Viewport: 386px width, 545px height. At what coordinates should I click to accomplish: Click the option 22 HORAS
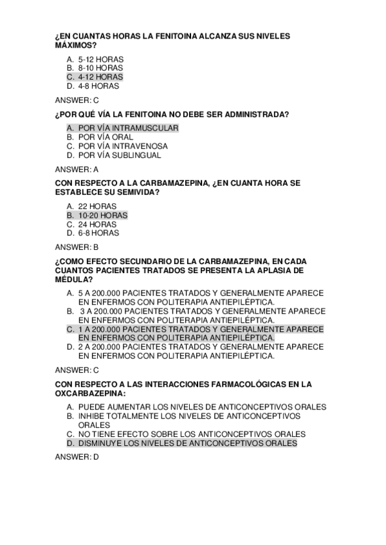click(97, 206)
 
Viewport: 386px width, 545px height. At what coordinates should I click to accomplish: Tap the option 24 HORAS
click(97, 224)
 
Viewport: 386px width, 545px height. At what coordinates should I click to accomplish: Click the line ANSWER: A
click(77, 170)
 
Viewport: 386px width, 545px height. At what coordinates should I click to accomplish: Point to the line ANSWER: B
click(77, 247)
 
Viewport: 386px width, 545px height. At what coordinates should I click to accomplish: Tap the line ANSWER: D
click(77, 457)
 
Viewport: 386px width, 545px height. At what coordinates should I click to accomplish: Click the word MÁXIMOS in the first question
click(75, 46)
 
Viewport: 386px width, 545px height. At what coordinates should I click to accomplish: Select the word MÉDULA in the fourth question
click(73, 280)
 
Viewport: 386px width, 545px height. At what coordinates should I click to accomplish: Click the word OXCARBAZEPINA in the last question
click(90, 393)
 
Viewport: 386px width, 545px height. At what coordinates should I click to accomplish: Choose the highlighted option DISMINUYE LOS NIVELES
click(187, 443)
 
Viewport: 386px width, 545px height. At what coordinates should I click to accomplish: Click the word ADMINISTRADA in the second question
click(254, 114)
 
